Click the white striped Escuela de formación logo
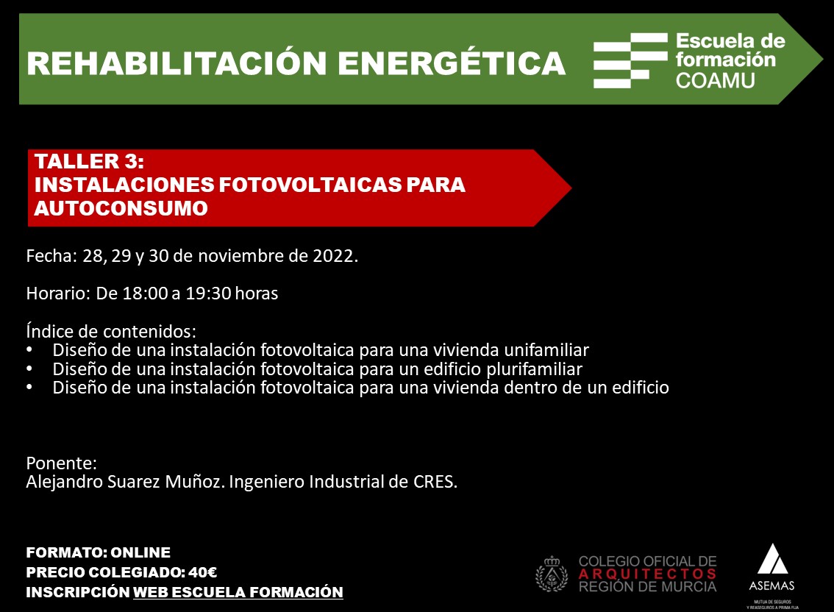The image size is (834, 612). click(630, 60)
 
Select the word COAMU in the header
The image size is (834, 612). click(715, 80)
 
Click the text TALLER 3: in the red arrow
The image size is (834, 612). click(89, 161)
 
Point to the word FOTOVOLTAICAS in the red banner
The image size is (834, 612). click(310, 185)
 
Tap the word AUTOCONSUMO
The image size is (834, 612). click(121, 208)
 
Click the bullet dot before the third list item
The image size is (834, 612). click(29, 388)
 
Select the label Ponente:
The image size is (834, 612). click(62, 463)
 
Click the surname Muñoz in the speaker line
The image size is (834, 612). click(194, 482)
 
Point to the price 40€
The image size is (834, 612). click(203, 572)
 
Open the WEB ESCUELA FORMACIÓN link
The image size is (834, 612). click(238, 592)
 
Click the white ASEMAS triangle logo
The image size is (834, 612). click(772, 559)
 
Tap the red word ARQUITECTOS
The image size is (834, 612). click(647, 574)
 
